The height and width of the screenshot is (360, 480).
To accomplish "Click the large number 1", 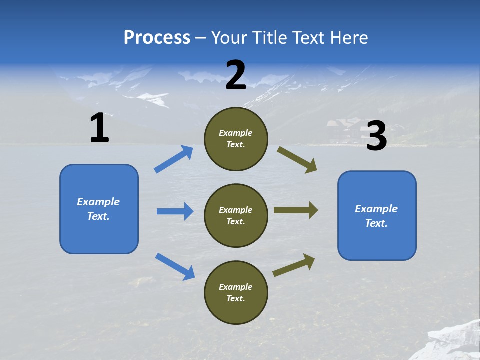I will pyautogui.click(x=99, y=128).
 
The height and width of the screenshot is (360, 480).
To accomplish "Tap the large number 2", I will pyautogui.click(x=236, y=75).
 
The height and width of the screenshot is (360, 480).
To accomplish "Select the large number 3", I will pyautogui.click(x=376, y=136).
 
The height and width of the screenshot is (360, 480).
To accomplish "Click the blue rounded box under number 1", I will pyautogui.click(x=99, y=209).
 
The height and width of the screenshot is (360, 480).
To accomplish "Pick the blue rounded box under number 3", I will pyautogui.click(x=377, y=216).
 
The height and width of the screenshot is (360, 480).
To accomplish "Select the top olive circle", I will pyautogui.click(x=236, y=139).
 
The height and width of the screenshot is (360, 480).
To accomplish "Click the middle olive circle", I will pyautogui.click(x=236, y=215).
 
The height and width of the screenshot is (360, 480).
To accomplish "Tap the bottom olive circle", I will pyautogui.click(x=236, y=292).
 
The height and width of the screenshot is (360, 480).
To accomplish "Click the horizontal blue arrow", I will pyautogui.click(x=175, y=211).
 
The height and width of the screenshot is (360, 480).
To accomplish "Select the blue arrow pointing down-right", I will pyautogui.click(x=175, y=266).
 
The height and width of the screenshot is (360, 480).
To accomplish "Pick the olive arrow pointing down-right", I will pyautogui.click(x=297, y=160).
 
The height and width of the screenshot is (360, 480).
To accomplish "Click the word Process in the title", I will pyautogui.click(x=157, y=37).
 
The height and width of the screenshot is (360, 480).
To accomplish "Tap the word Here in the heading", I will pyautogui.click(x=348, y=37).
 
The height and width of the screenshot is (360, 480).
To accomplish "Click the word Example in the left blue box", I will pyautogui.click(x=98, y=202).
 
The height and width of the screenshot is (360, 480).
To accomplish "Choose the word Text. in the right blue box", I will pyautogui.click(x=376, y=223).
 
